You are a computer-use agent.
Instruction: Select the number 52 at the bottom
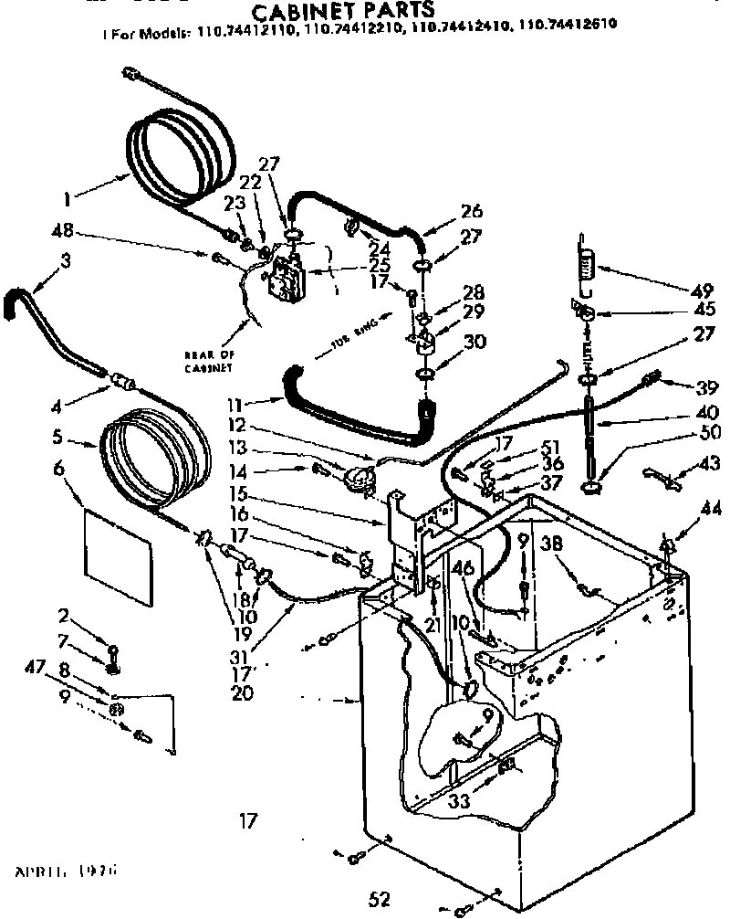[x=380, y=899]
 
